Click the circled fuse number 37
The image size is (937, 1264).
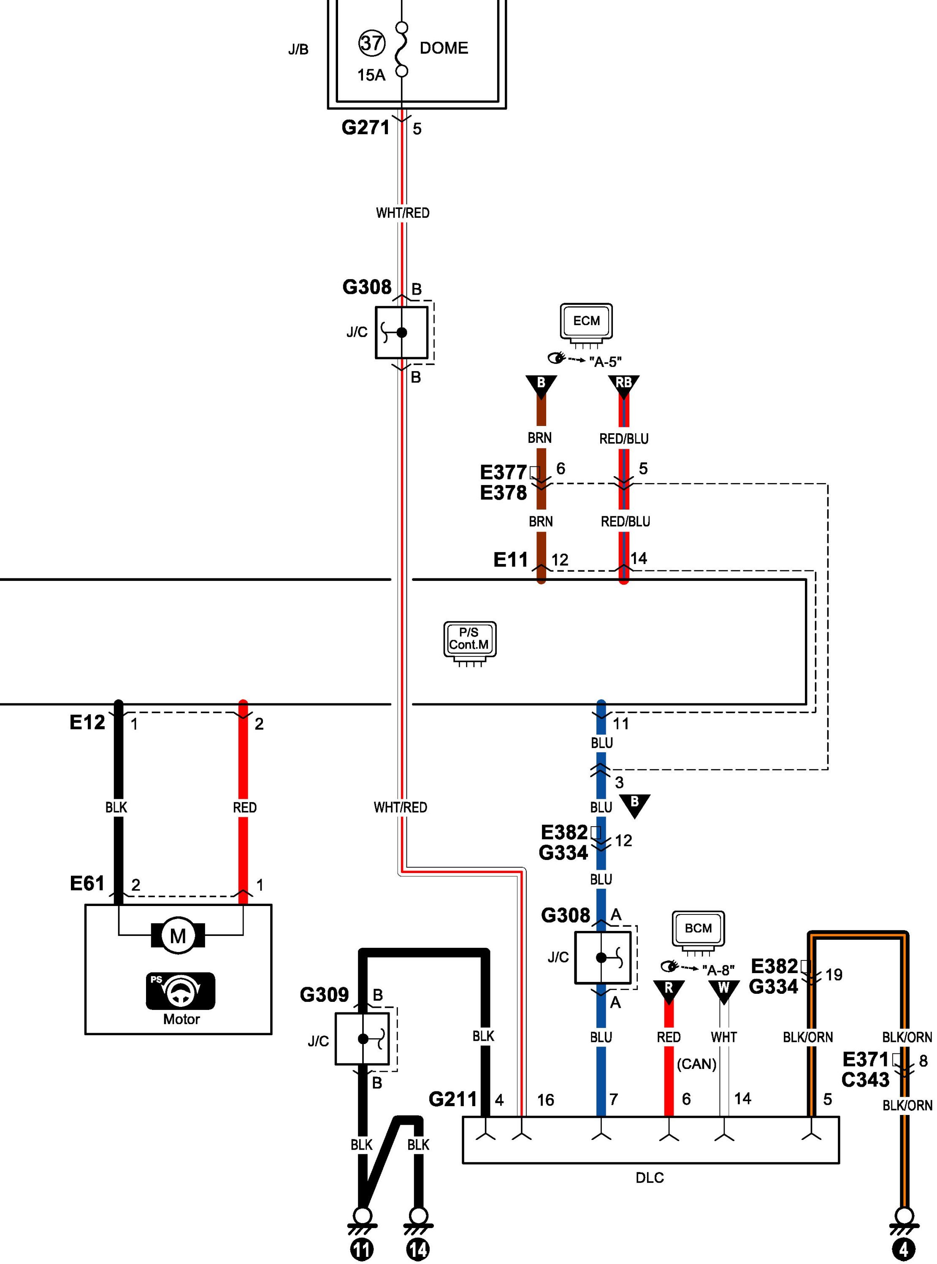pyautogui.click(x=371, y=43)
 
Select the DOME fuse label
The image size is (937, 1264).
pyautogui.click(x=444, y=48)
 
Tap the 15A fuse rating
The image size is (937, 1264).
pyautogui.click(x=371, y=75)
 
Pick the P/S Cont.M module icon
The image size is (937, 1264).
pyautogui.click(x=470, y=641)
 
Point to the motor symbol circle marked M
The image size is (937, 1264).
pyautogui.click(x=178, y=936)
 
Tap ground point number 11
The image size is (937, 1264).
pyautogui.click(x=362, y=1249)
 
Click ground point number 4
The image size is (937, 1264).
pyautogui.click(x=904, y=1249)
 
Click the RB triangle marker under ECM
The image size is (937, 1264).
pyautogui.click(x=623, y=385)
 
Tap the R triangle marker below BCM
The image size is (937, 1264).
pyautogui.click(x=669, y=990)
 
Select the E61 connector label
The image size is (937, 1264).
pyautogui.click(x=87, y=883)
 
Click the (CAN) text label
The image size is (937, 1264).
pyautogui.click(x=696, y=1064)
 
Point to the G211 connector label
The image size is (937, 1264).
pyautogui.click(x=452, y=1099)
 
